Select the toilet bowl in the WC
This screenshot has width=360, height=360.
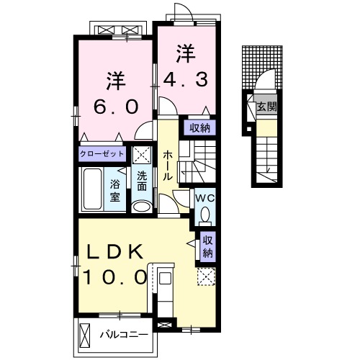[x=204, y=214]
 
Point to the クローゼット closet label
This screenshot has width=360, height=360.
[x=102, y=154]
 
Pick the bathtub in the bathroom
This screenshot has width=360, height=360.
[x=92, y=188]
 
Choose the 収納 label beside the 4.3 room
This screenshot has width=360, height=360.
[x=200, y=128]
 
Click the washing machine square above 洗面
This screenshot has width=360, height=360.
[x=140, y=154]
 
